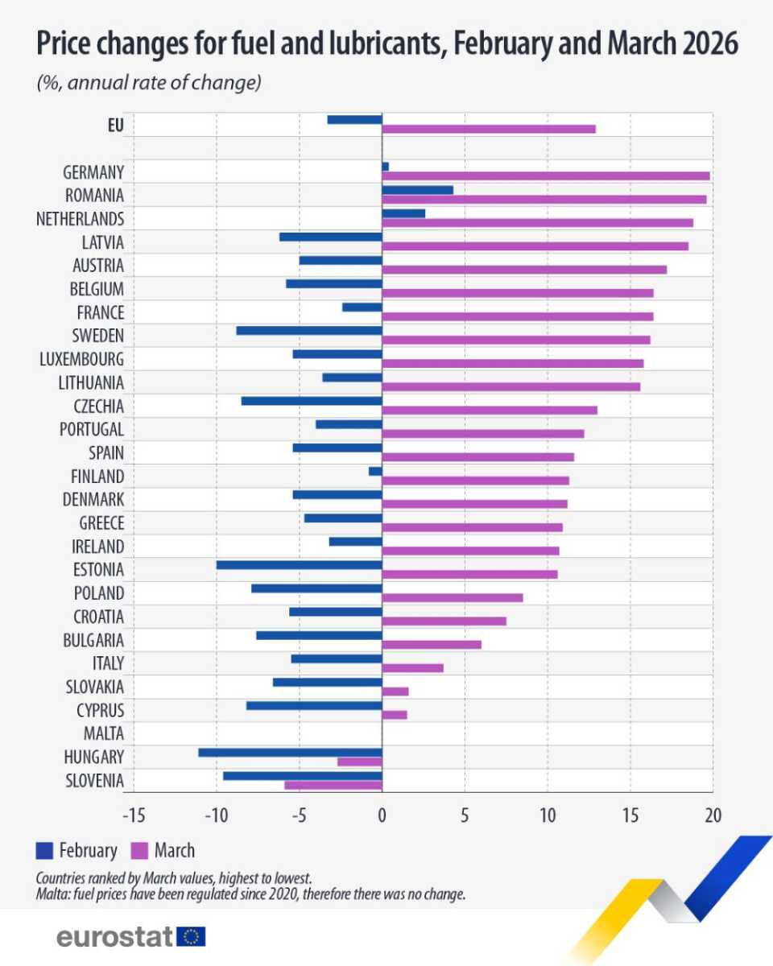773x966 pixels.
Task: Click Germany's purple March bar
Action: [x=545, y=175]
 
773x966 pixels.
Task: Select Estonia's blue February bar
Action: [x=299, y=565]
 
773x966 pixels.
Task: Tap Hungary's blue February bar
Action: [x=290, y=753]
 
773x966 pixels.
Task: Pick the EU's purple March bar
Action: [x=488, y=129]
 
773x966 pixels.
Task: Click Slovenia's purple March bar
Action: [x=333, y=785]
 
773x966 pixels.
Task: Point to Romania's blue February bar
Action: [x=417, y=190]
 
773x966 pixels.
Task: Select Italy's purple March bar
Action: [x=412, y=667]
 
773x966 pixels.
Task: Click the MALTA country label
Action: [x=103, y=733]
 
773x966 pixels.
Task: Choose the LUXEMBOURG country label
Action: [x=81, y=359]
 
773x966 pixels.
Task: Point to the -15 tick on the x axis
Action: [x=133, y=815]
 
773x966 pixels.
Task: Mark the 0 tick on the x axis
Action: [x=382, y=815]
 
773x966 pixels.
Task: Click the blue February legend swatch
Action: [x=45, y=850]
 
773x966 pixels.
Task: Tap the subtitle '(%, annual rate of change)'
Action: [x=149, y=83]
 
